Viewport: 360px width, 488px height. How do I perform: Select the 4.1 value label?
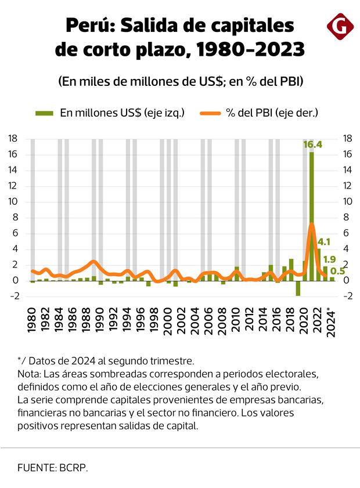coord(324,242)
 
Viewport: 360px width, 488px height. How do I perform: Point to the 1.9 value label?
coord(329,259)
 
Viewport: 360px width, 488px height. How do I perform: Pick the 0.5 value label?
coord(337,271)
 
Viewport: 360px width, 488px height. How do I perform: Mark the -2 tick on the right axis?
coord(347,296)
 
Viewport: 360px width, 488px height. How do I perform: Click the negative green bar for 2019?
coord(298,288)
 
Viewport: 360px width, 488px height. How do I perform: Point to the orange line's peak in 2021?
coord(312,224)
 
